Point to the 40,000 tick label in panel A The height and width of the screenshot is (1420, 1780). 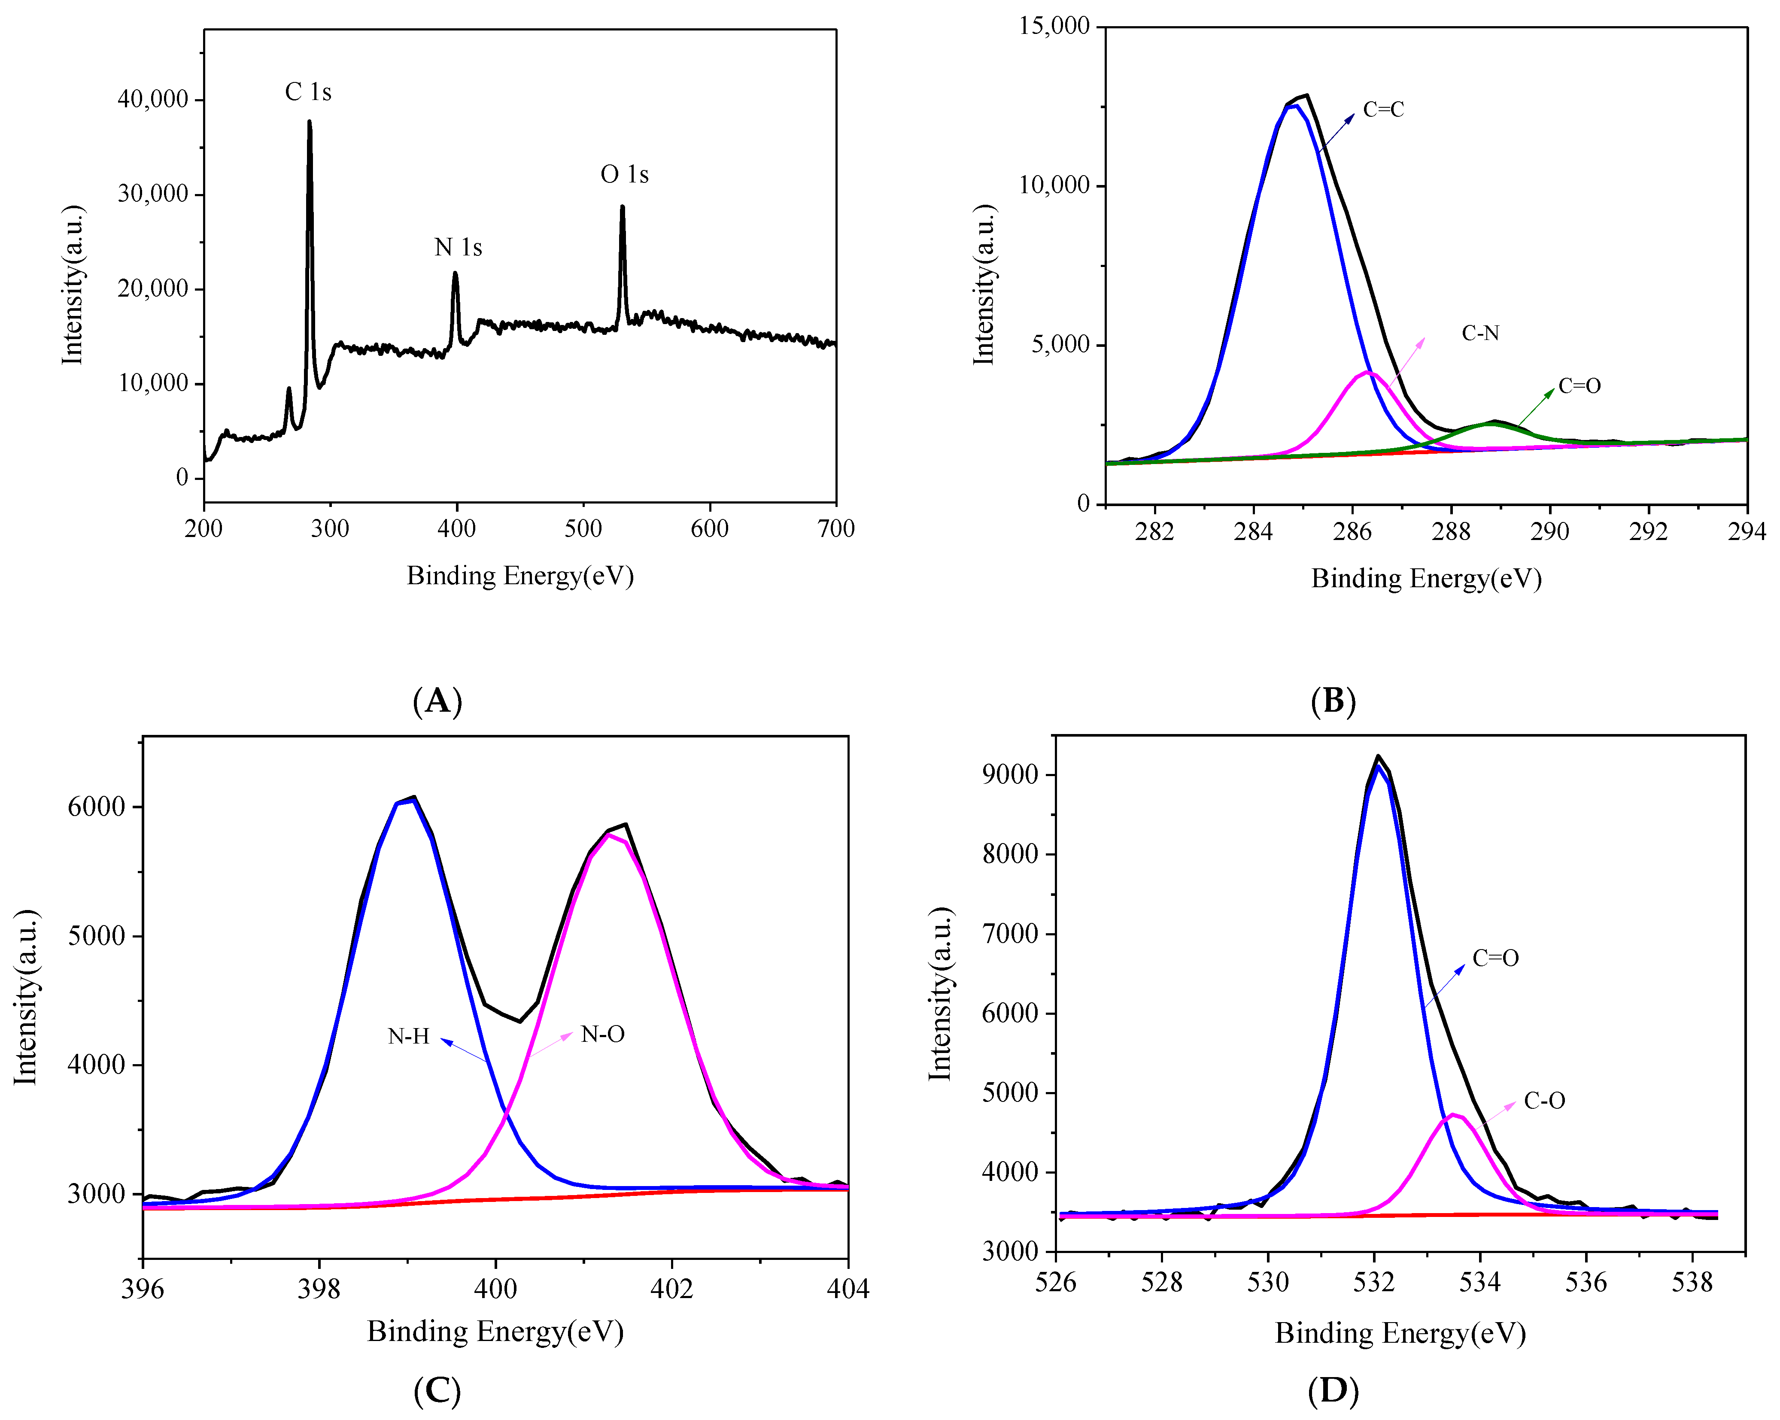tap(154, 99)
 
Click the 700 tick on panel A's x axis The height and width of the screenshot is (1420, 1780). tap(835, 528)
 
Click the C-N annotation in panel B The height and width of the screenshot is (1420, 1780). tap(1480, 334)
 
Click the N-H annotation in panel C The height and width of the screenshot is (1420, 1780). tap(409, 1036)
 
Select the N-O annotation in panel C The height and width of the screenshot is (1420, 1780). tap(603, 1035)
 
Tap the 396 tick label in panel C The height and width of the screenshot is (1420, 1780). tap(143, 1288)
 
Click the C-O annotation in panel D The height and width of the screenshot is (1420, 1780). tap(1544, 1101)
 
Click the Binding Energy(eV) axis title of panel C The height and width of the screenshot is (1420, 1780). tap(495, 1331)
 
